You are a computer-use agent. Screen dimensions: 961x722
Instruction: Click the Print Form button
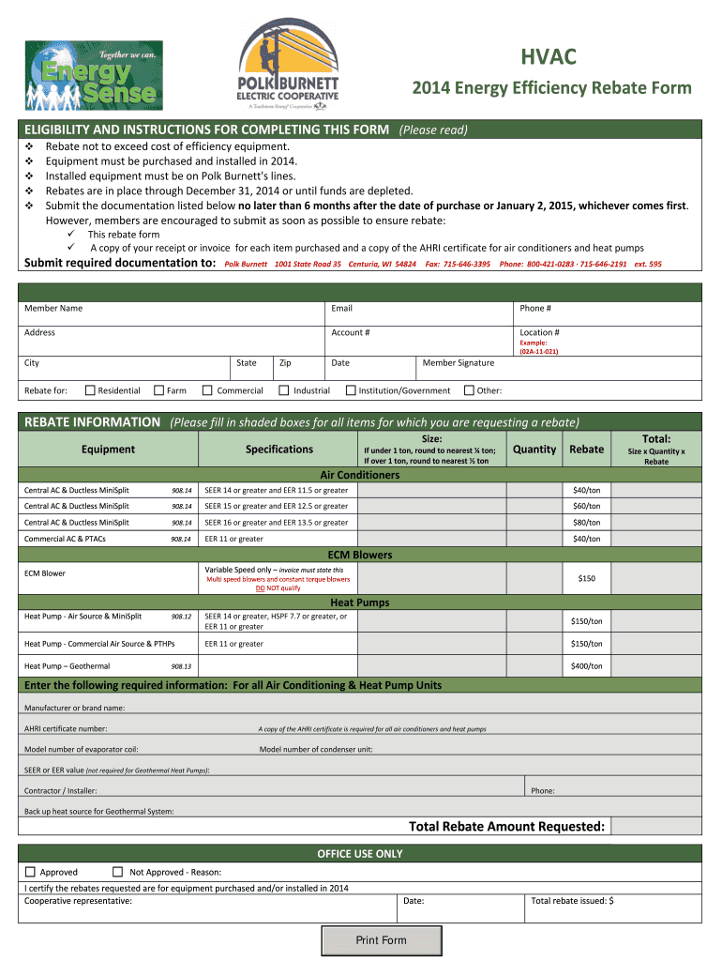(381, 940)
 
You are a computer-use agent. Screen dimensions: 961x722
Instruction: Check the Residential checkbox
(90, 390)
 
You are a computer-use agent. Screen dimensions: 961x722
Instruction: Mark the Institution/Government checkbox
(351, 390)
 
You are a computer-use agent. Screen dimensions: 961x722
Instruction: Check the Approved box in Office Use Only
(30, 872)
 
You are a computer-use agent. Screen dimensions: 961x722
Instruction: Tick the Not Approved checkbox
(118, 872)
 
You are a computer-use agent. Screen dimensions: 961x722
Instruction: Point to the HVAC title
(549, 59)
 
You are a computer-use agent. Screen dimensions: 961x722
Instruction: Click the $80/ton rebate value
(586, 523)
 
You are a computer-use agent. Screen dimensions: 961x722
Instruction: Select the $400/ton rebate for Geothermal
(586, 666)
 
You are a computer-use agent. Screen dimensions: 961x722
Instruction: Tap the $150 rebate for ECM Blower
(586, 579)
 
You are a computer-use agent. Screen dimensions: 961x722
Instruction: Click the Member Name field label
(53, 308)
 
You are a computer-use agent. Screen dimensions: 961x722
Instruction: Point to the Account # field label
(350, 332)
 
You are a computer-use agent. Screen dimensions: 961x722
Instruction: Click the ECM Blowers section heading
(360, 555)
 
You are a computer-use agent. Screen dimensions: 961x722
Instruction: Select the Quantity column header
(534, 450)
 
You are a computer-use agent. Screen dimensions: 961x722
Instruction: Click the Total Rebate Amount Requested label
(506, 826)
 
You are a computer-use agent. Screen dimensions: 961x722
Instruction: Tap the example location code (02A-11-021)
(538, 352)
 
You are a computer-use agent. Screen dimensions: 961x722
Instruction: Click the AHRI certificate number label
(66, 728)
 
